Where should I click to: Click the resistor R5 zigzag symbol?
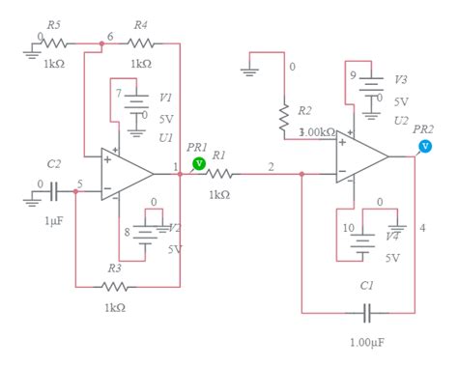[x=54, y=43]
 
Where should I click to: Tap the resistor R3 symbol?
[x=115, y=286]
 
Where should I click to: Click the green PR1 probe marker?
[x=198, y=164]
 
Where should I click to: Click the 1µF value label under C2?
[x=54, y=221]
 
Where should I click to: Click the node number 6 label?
[x=110, y=36]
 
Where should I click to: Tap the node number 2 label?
[x=271, y=167]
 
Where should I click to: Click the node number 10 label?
[x=346, y=227]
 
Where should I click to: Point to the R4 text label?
[x=140, y=24]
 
